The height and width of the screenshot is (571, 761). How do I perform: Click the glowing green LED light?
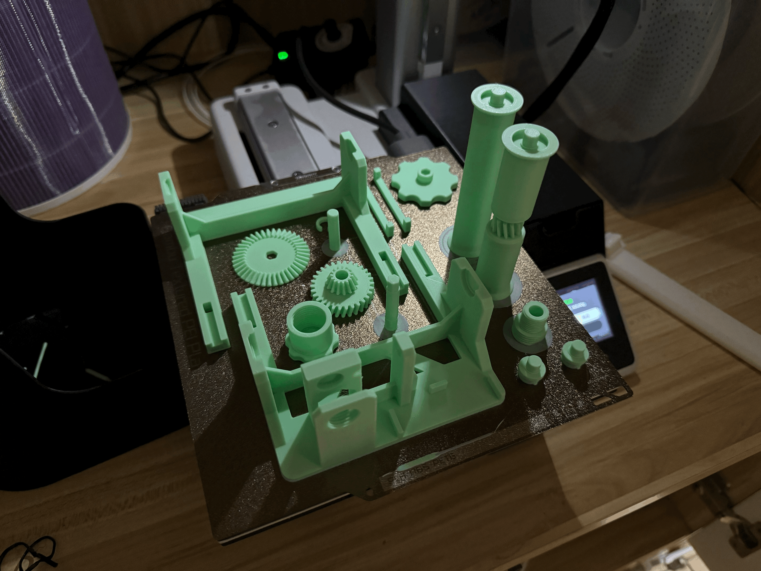[x=283, y=55]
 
